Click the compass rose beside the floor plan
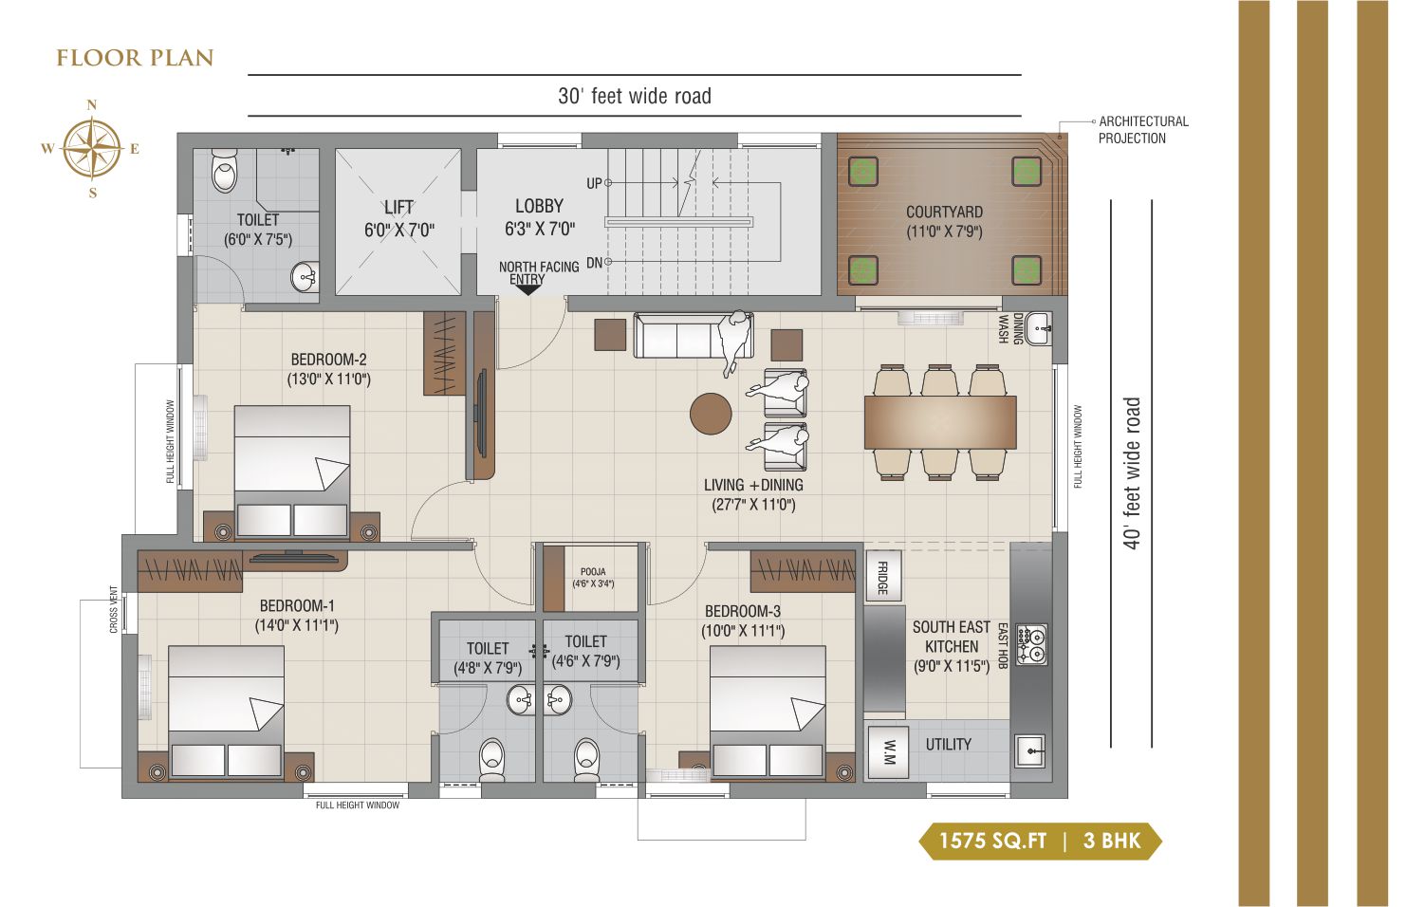point(92,149)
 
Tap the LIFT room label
point(398,208)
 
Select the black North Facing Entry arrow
point(527,290)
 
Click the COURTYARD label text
point(944,212)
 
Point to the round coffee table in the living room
point(711,414)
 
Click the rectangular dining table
point(940,421)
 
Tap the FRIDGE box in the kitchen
point(883,577)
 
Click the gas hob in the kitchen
point(1031,644)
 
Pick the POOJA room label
point(593,572)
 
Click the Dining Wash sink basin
point(1038,329)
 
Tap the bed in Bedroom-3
point(768,713)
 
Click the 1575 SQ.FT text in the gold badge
point(992,841)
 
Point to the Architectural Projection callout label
point(1143,130)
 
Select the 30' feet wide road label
point(635,96)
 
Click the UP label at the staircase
point(594,184)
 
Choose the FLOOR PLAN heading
point(135,58)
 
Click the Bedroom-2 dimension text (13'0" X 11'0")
point(329,379)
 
